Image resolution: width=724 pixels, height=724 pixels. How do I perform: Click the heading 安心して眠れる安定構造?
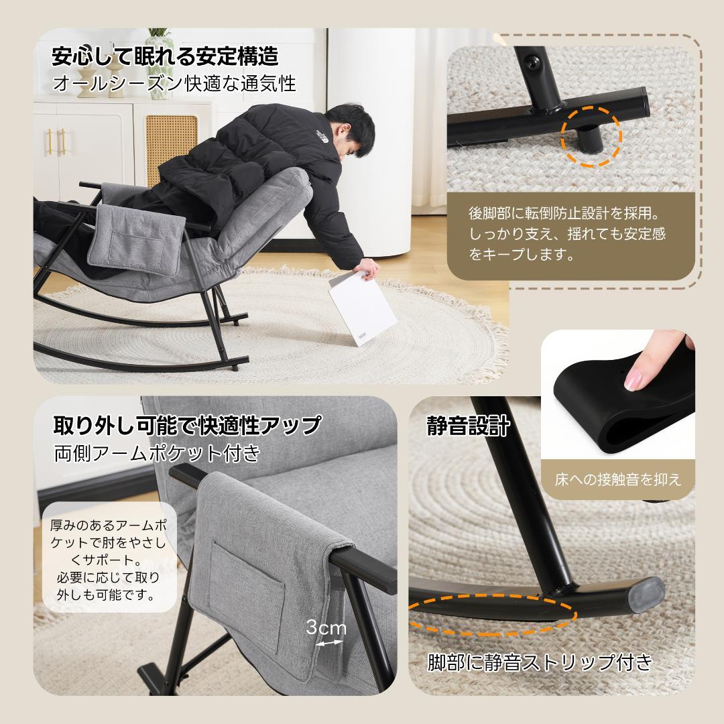click(165, 56)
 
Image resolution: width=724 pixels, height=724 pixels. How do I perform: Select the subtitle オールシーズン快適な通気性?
click(174, 84)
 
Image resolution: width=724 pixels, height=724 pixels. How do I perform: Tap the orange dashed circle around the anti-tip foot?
click(592, 134)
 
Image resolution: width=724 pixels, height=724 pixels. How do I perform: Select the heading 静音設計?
click(469, 426)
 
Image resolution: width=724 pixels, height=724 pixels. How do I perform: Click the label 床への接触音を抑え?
click(617, 479)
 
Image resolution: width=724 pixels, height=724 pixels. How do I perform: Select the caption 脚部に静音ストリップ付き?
click(540, 663)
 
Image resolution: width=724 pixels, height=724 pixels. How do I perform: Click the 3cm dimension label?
click(326, 628)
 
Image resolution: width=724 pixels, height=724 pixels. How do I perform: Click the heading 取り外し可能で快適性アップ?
click(187, 425)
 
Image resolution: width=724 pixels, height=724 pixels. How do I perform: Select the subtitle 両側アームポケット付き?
click(157, 454)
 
